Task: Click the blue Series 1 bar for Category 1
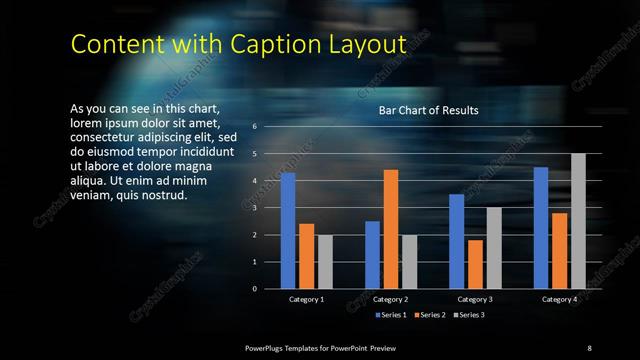(x=288, y=231)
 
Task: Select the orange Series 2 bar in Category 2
(x=391, y=229)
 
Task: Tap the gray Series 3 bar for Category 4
(x=578, y=221)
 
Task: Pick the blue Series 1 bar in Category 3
(x=456, y=241)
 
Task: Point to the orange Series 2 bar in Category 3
(x=475, y=264)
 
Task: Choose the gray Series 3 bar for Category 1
(x=325, y=262)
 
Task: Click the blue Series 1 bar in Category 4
(x=541, y=228)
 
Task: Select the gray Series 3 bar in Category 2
(x=409, y=262)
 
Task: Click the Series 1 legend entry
(x=391, y=315)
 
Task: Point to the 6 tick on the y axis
(x=255, y=127)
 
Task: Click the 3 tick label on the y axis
(x=255, y=208)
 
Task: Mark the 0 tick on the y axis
(x=255, y=289)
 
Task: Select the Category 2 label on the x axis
(x=391, y=299)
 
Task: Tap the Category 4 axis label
(x=559, y=299)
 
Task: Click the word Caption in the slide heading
(x=273, y=45)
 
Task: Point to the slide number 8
(x=589, y=346)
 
